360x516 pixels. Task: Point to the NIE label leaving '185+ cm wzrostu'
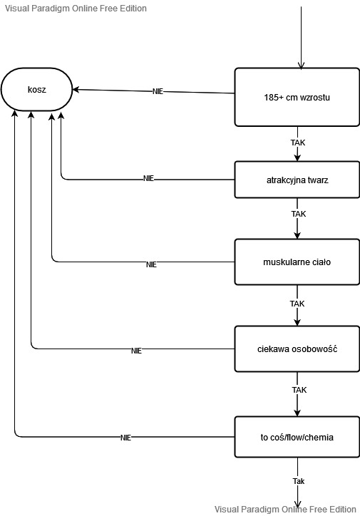click(x=158, y=91)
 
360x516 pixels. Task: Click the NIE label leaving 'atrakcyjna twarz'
click(x=148, y=178)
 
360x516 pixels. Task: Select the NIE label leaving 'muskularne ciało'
click(x=151, y=264)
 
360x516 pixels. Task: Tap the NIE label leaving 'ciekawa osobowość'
click(x=136, y=351)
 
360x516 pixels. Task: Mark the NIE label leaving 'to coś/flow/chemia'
click(x=125, y=438)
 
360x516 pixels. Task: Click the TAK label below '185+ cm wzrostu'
click(x=298, y=143)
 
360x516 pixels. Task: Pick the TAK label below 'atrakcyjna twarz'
click(x=299, y=214)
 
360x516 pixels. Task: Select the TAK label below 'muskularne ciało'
click(x=297, y=304)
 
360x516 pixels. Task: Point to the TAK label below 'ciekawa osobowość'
click(x=299, y=390)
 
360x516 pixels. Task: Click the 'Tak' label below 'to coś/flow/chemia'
click(x=299, y=481)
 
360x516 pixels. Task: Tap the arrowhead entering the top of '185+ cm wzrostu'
click(x=301, y=65)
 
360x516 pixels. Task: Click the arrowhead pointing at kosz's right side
click(x=76, y=90)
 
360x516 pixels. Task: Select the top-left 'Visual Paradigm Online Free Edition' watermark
click(x=76, y=9)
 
